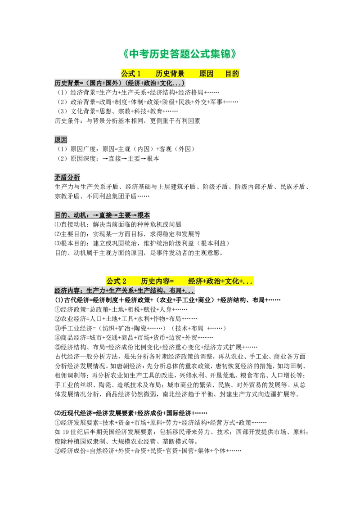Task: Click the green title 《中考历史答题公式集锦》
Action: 180,54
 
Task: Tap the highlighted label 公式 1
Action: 130,74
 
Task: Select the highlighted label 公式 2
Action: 116,281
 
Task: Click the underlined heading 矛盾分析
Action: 67,177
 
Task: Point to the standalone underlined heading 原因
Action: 61,139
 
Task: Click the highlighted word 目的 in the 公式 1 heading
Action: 232,74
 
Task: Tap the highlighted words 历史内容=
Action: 157,281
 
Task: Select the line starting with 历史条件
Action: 127,121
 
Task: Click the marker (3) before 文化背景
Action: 63,112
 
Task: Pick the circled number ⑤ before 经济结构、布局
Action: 58,347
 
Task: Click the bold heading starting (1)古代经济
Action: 168,300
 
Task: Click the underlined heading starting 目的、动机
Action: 102,215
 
